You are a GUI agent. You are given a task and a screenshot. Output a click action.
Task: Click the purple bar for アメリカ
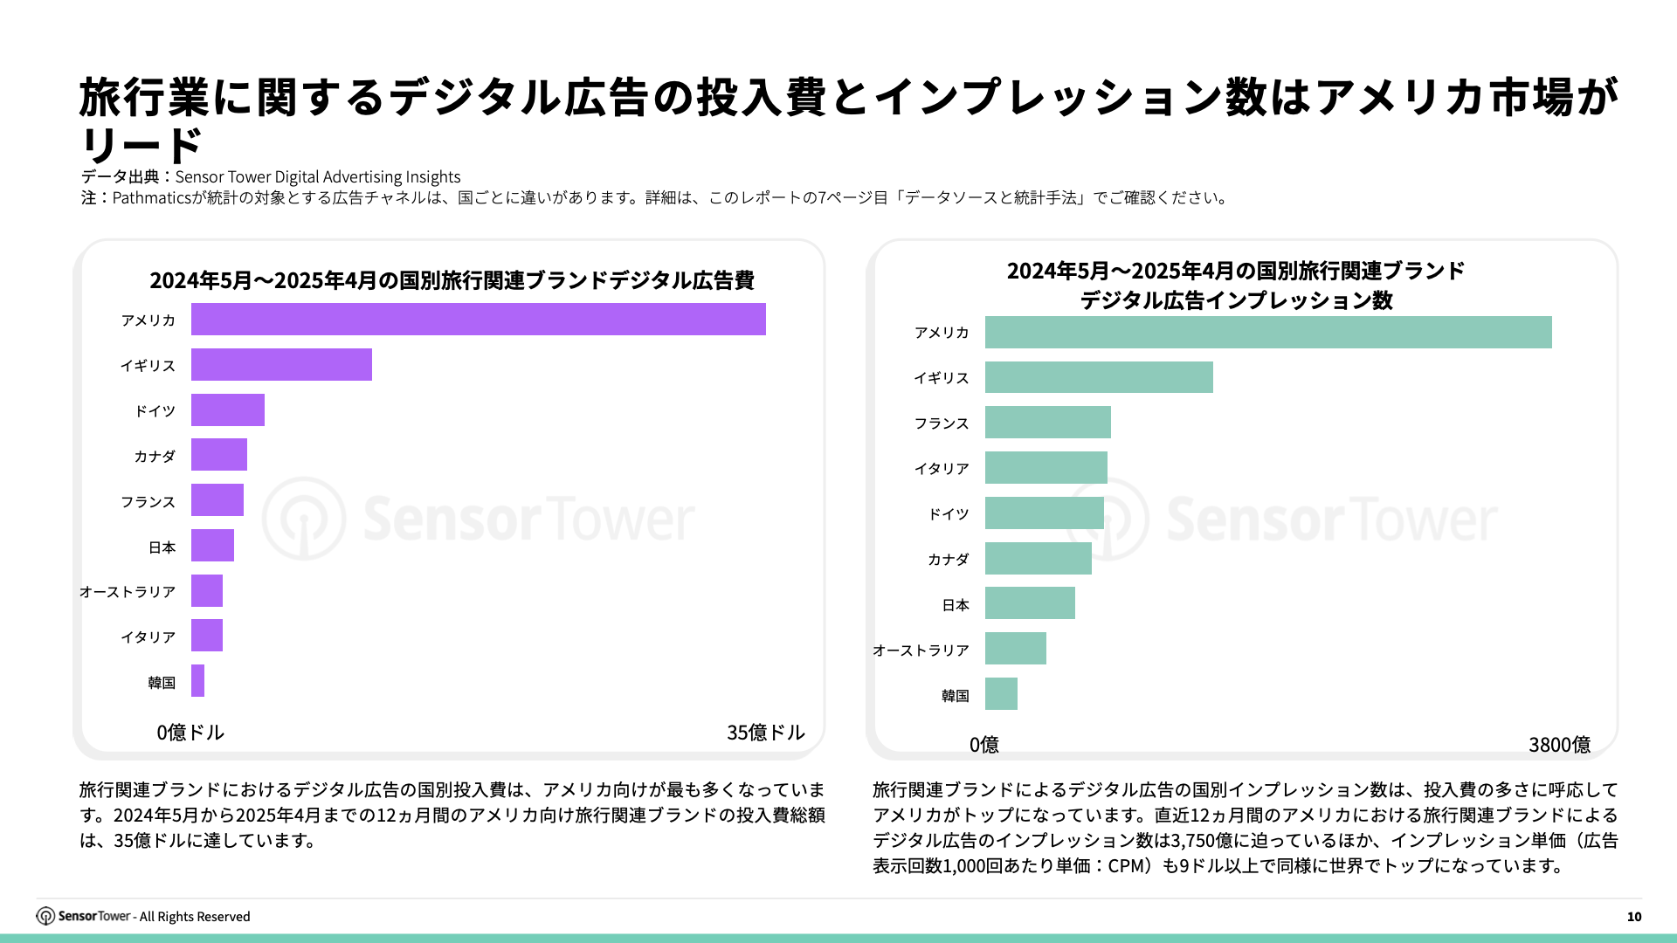tap(478, 320)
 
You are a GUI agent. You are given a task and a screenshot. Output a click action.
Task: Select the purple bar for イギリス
tap(281, 365)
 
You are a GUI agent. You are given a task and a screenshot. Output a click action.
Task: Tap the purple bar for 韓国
tap(198, 681)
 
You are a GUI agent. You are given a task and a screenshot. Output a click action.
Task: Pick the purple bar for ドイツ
tap(228, 410)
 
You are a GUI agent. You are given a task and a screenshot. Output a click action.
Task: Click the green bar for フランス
tap(1047, 423)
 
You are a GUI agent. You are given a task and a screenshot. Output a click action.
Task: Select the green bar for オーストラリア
tap(1015, 649)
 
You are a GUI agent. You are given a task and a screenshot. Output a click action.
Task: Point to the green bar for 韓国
tap(1001, 694)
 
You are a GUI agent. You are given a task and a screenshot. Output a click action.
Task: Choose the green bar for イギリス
tap(1099, 377)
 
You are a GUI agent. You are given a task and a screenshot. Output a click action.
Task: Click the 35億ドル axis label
tap(765, 733)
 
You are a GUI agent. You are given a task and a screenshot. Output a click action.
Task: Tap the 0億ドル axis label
tap(190, 733)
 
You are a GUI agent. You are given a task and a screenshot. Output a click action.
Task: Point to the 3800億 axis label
tap(1559, 745)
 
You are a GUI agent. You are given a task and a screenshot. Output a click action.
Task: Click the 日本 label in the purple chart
tap(162, 547)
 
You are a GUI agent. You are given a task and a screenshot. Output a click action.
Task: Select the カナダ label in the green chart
tap(948, 560)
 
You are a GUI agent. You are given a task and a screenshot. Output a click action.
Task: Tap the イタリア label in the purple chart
tap(148, 637)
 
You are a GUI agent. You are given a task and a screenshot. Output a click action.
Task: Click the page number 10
tap(1634, 917)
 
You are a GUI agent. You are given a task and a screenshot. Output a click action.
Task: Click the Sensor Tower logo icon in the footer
tap(45, 916)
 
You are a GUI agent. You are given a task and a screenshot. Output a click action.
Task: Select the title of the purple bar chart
tap(452, 280)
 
